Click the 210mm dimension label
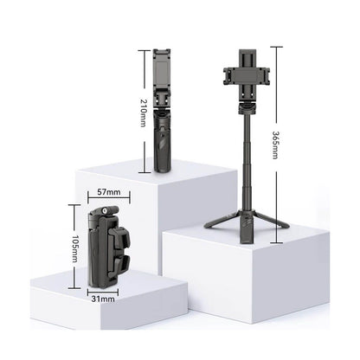[144, 112]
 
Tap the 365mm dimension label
[276, 145]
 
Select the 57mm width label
[109, 192]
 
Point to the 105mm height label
[74, 249]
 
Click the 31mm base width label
[103, 299]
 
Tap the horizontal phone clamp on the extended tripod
[247, 75]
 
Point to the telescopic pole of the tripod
[247, 162]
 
